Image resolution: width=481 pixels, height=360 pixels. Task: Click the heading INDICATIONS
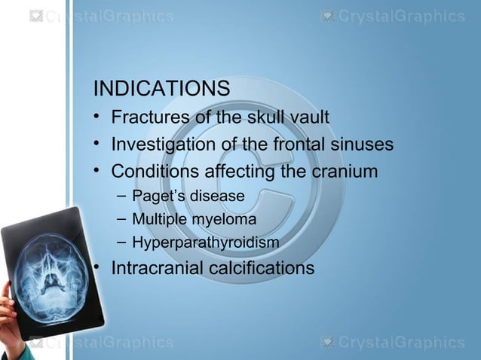161,89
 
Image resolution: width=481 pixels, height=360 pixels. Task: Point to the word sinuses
360,144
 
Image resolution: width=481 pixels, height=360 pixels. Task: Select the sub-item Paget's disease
188,197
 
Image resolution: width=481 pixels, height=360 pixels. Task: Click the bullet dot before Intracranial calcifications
97,268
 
